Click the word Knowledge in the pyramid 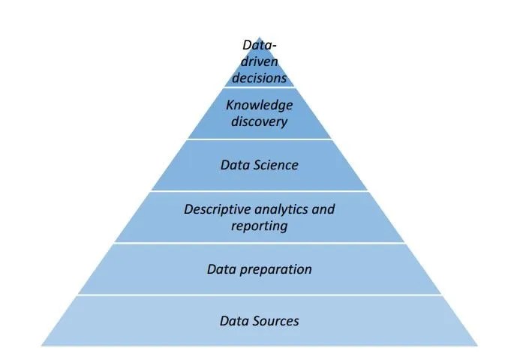point(259,105)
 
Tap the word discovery point(259,121)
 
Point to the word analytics point(283,208)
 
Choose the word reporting point(259,225)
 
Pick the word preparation point(275,269)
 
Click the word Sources point(275,321)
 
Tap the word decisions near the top point(259,76)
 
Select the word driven point(259,61)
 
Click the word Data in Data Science point(235,165)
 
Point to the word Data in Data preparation point(221,269)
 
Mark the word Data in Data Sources point(234,321)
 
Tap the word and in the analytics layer point(323,208)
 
